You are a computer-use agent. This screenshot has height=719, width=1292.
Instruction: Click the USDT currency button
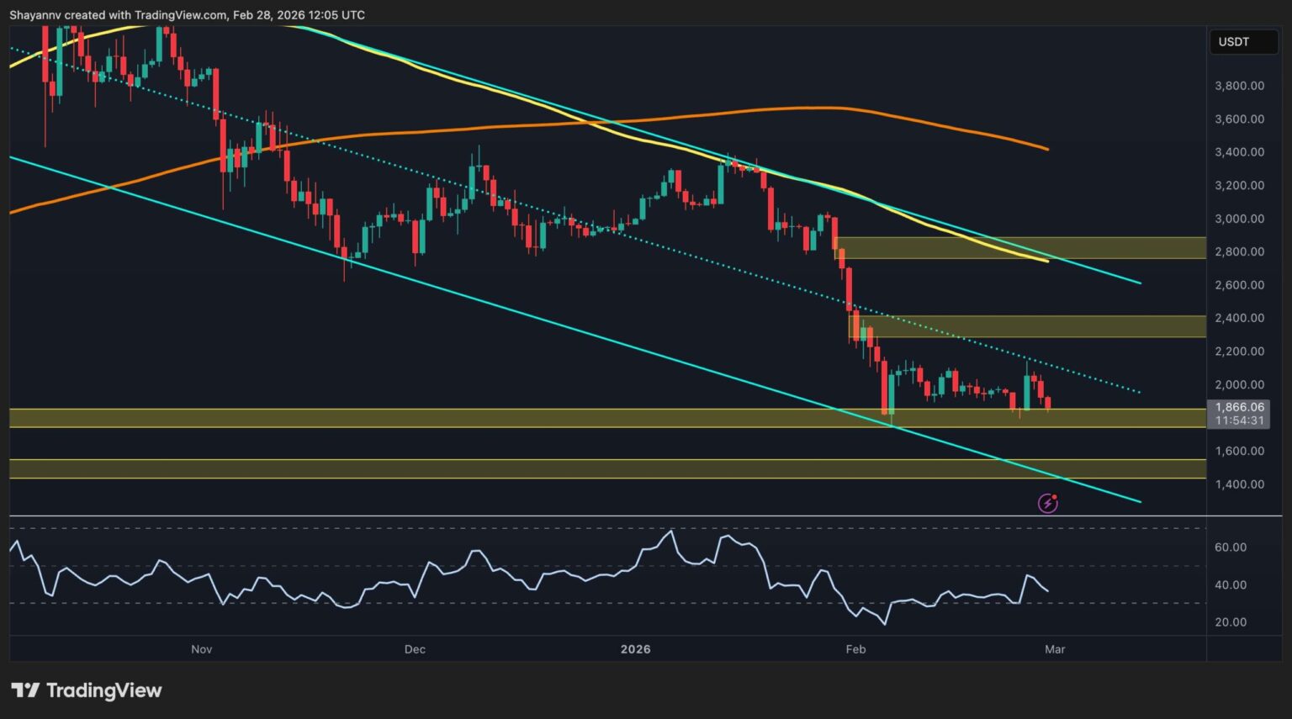point(1234,42)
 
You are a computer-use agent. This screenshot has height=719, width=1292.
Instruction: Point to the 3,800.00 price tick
point(1239,86)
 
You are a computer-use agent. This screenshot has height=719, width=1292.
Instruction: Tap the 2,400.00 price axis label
point(1239,318)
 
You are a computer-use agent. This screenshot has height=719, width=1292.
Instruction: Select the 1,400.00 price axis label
point(1239,484)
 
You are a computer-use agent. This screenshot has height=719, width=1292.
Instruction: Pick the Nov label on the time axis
point(201,649)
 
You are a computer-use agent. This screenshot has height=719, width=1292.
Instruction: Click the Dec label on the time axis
point(415,649)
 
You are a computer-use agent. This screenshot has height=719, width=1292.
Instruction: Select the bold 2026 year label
point(635,649)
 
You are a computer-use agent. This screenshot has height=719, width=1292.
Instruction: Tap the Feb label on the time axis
point(855,649)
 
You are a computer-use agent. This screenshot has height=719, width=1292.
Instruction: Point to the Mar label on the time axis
point(1055,649)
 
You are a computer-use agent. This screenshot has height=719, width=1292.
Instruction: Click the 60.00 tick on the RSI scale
point(1231,547)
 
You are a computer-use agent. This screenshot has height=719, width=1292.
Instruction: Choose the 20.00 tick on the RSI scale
point(1231,622)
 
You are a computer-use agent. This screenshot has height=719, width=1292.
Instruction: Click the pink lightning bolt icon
point(1048,503)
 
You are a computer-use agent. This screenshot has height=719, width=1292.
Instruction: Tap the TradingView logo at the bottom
point(87,690)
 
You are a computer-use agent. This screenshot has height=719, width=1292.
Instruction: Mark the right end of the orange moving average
point(1046,149)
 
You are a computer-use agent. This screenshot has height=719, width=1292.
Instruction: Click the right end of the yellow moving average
point(1046,261)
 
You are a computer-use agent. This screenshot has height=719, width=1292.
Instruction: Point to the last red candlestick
point(1048,404)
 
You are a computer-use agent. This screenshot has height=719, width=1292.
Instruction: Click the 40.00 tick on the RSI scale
point(1231,585)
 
